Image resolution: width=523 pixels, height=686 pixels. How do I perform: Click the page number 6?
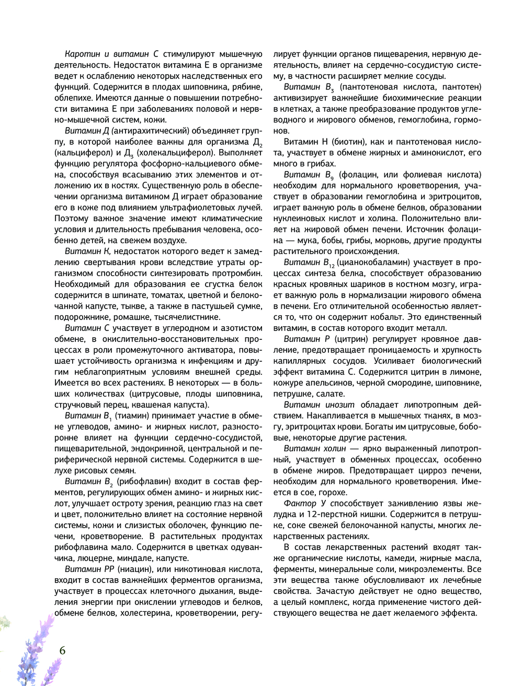tap(63, 651)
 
